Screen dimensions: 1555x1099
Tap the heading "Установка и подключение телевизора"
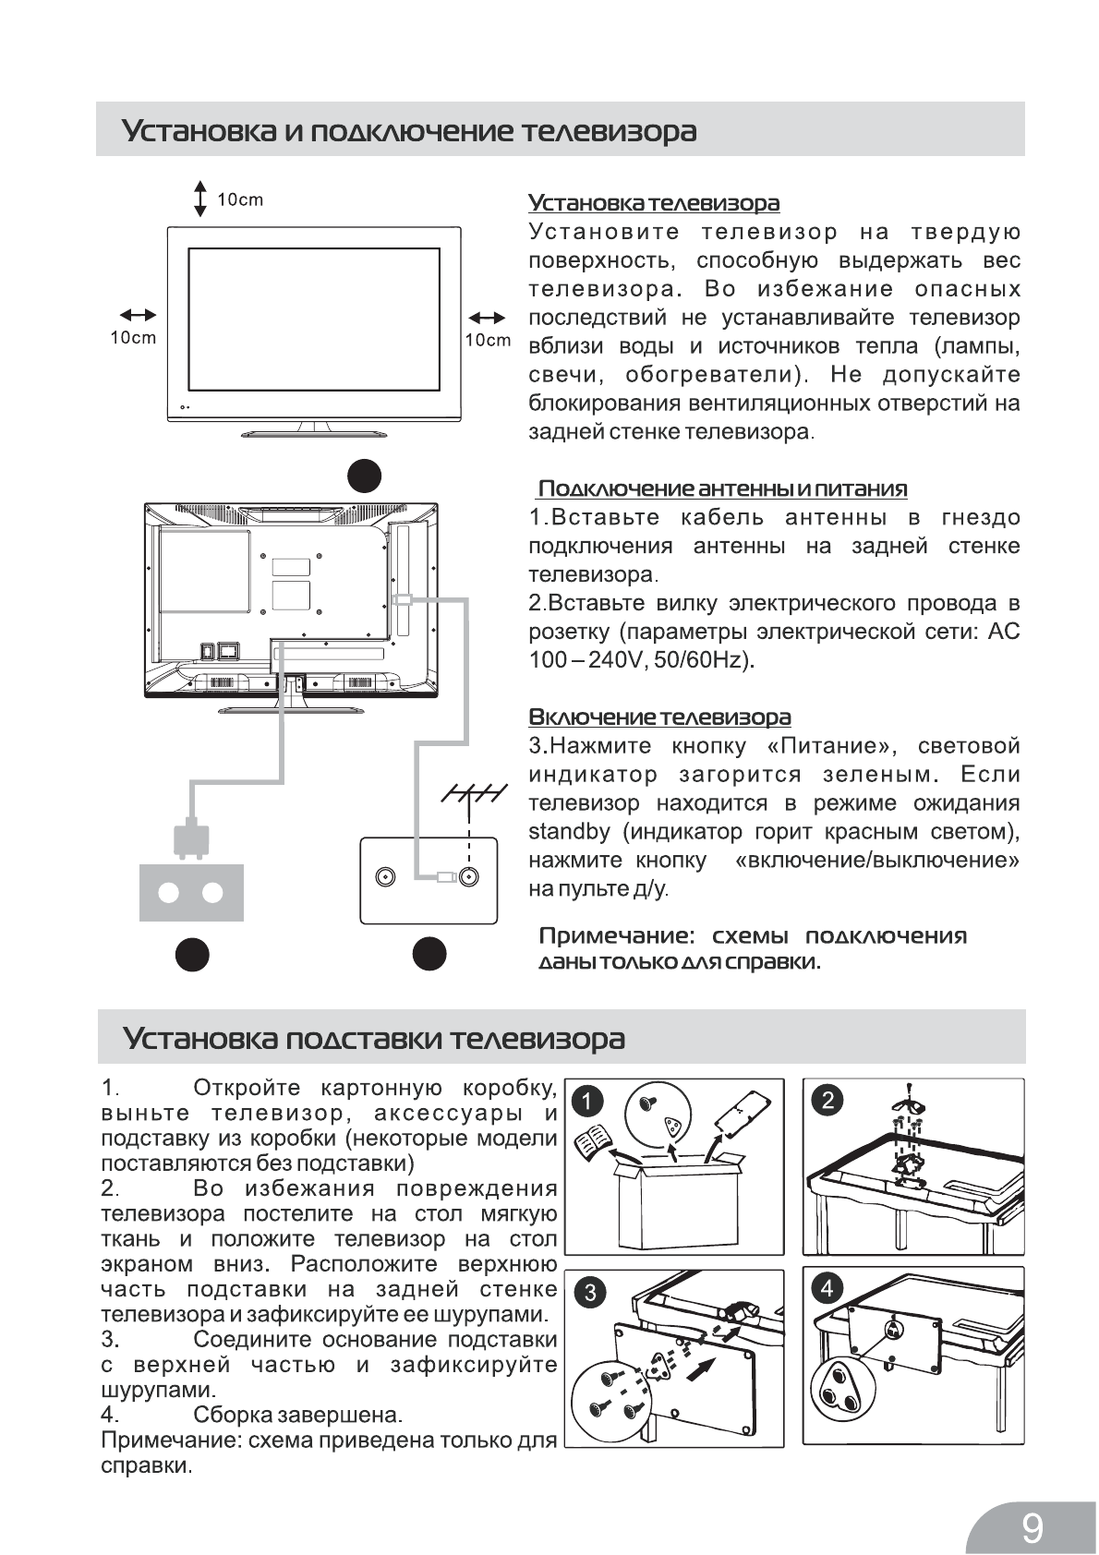coord(409,131)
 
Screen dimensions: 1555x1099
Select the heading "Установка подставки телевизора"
coord(374,1038)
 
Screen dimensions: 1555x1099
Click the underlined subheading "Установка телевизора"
coord(654,202)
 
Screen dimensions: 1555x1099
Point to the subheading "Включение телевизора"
coord(659,717)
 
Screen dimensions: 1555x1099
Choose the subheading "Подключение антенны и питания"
coord(722,488)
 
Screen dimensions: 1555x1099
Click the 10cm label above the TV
coord(240,199)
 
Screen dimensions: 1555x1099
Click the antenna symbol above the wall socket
coord(472,796)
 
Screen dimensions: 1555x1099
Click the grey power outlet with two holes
coord(191,892)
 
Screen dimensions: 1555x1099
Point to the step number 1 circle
coord(587,1102)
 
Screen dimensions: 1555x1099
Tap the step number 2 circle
coord(827,1100)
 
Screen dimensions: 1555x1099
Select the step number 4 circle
coord(827,1288)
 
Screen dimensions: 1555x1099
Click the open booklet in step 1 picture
coord(592,1145)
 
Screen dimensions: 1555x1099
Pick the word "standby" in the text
coord(569,831)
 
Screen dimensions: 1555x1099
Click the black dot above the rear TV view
coord(365,475)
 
